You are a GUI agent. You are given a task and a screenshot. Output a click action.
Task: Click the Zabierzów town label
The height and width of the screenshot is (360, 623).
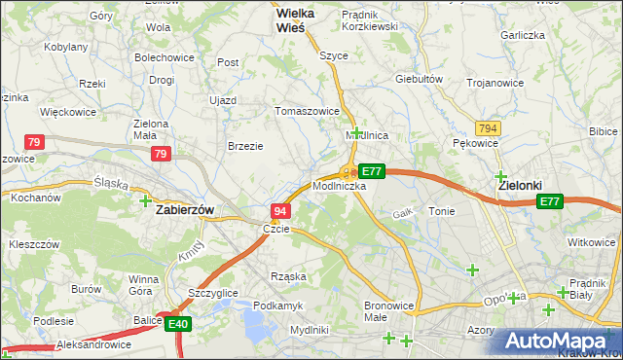click(185, 208)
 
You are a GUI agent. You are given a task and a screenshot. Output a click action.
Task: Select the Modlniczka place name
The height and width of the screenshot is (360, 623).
click(340, 185)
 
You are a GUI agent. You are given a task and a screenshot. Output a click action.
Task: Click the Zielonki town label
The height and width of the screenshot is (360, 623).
click(520, 185)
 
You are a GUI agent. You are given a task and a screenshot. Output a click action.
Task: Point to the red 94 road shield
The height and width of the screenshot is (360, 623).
click(279, 211)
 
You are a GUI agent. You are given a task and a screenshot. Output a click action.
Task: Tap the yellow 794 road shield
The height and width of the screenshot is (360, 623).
click(488, 128)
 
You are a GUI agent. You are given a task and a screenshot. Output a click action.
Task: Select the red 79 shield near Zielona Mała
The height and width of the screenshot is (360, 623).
click(162, 154)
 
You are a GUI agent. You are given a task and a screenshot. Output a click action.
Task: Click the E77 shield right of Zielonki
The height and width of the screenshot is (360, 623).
click(550, 201)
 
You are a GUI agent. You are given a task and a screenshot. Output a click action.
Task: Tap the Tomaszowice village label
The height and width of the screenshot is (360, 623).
click(309, 111)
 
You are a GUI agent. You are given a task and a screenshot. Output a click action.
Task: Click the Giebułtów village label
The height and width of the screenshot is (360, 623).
click(420, 79)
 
